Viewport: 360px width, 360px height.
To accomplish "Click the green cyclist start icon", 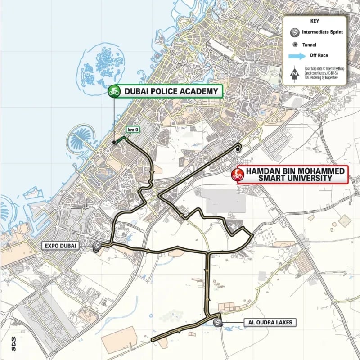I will pos(113,91).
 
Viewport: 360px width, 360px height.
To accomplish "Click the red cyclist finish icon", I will pos(237,175).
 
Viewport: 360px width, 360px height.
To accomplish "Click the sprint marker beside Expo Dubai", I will pos(97,246).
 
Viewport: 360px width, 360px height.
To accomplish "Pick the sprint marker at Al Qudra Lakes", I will pos(218,322).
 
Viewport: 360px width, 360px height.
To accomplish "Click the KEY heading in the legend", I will pos(315,21).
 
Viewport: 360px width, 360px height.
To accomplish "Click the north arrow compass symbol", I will pos(294,73).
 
